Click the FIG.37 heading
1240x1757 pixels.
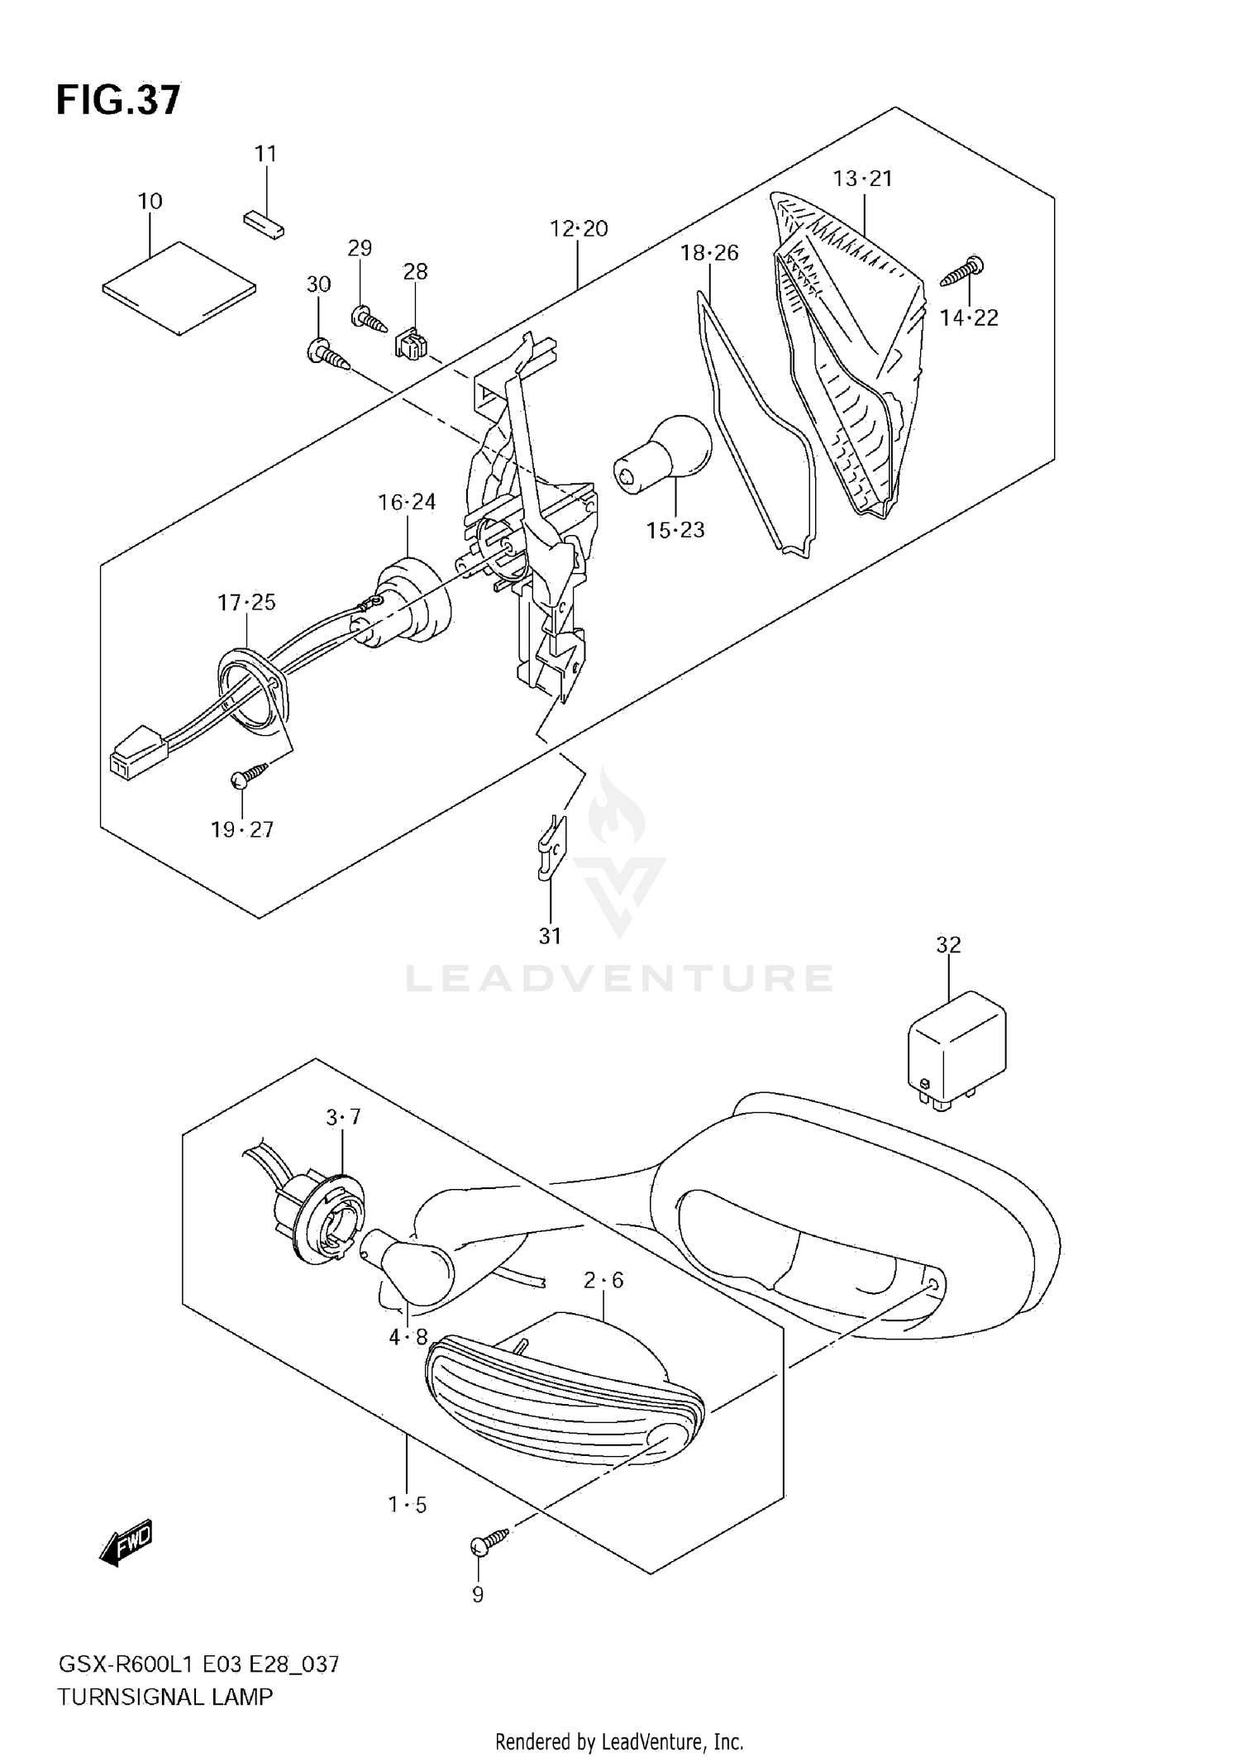coord(118,100)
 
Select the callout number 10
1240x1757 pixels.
coord(150,201)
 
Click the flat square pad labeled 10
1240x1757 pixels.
coord(179,288)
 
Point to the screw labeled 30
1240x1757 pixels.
coord(329,353)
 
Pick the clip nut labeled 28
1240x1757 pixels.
coord(411,343)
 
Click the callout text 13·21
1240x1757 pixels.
coord(862,179)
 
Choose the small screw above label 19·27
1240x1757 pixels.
coord(250,774)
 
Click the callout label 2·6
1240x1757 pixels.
coord(603,1280)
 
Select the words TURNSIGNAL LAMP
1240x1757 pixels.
coord(165,1697)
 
